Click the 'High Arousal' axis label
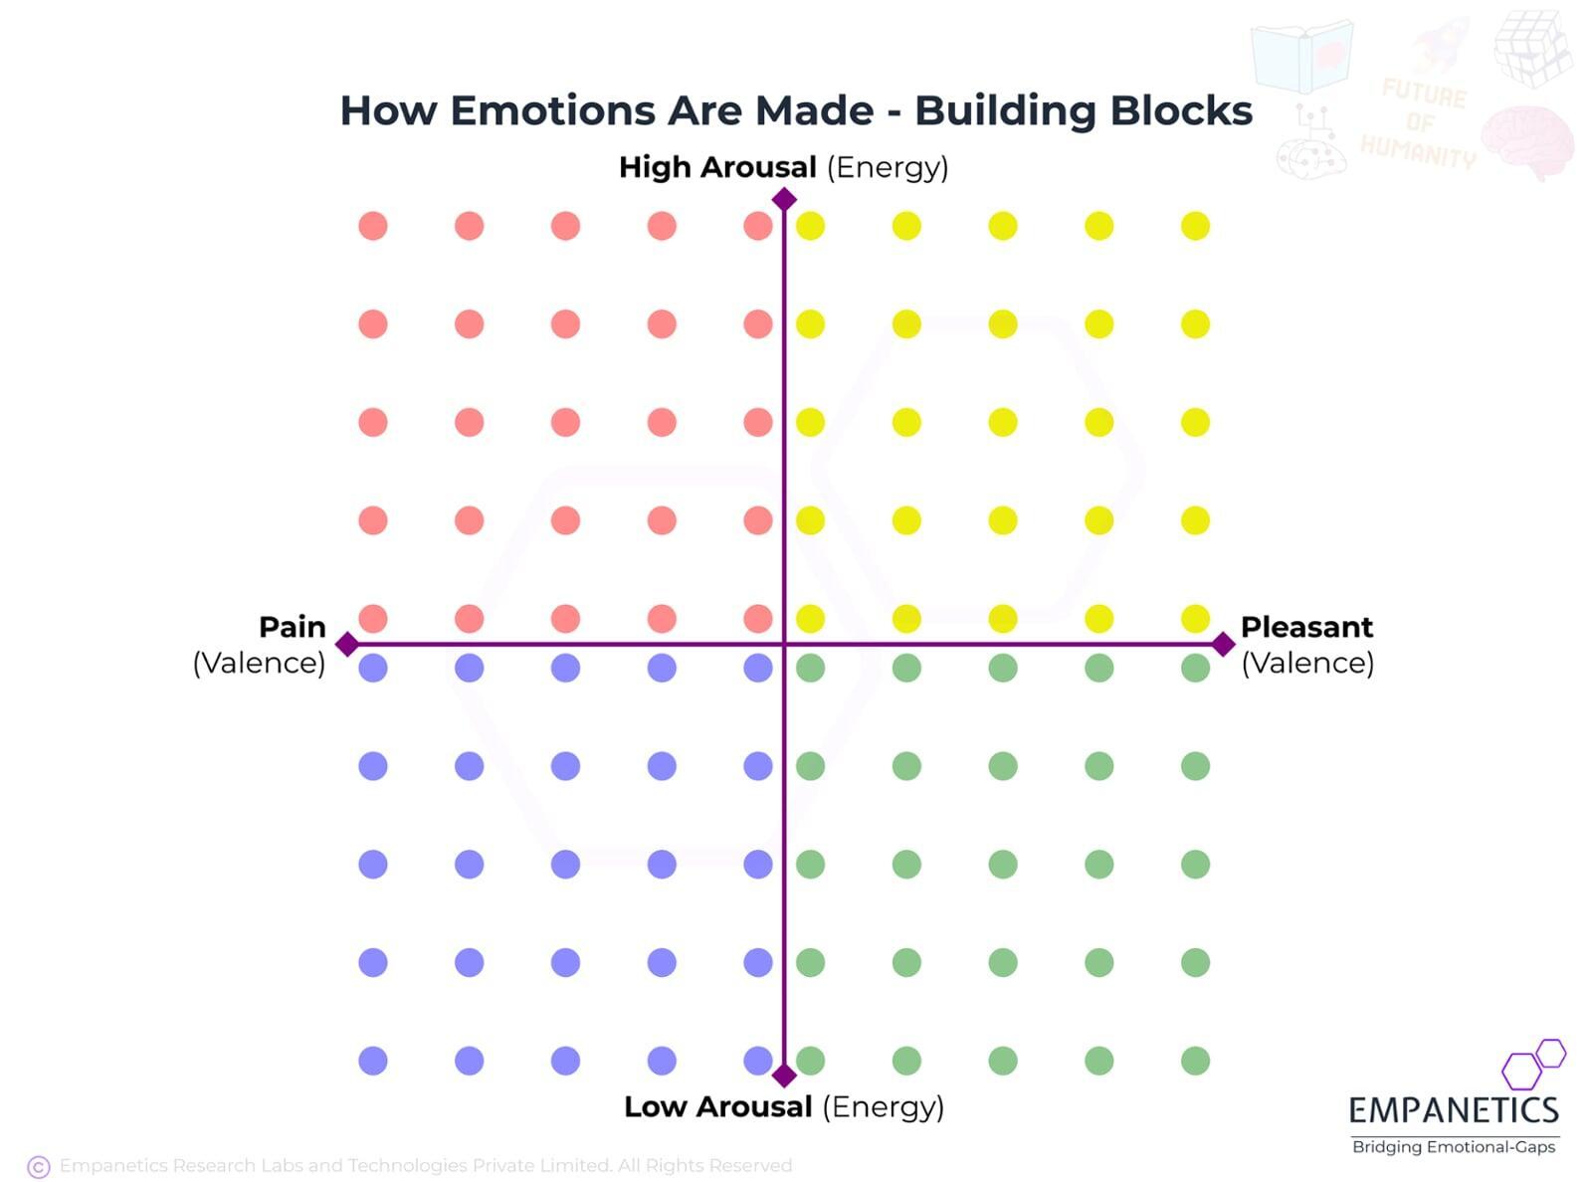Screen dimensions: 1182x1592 pos(717,167)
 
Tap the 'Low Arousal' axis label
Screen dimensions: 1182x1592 pos(717,1106)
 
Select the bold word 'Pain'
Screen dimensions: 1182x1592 pos(293,627)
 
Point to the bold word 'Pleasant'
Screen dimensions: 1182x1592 pos(1306,627)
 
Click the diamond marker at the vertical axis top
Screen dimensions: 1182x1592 pos(784,200)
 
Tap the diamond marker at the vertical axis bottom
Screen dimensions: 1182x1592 pos(784,1076)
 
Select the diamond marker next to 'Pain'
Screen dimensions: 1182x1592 pos(347,644)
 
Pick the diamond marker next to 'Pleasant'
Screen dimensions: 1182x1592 pos(1224,644)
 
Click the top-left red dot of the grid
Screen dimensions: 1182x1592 pos(373,226)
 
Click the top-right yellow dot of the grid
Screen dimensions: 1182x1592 pos(1195,226)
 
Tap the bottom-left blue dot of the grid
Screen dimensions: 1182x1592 pos(373,1061)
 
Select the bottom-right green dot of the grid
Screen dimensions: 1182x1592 pos(1195,1061)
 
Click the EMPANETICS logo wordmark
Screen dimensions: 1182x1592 pos(1454,1110)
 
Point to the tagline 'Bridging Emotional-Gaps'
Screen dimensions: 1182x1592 pos(1454,1147)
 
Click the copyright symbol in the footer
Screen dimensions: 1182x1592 pos(39,1167)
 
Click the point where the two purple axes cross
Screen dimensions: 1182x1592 pos(784,644)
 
